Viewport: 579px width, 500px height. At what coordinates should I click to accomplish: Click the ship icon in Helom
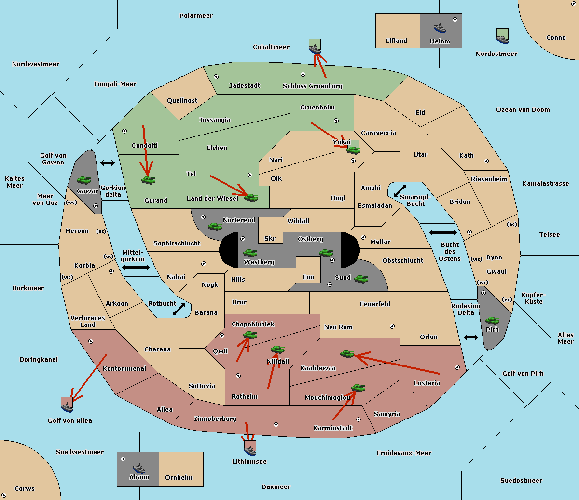(x=440, y=28)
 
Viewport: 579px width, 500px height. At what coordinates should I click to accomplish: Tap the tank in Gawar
(x=84, y=180)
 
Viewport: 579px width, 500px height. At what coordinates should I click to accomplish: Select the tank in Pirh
(x=492, y=320)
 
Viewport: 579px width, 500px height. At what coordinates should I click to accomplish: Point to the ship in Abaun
(x=139, y=468)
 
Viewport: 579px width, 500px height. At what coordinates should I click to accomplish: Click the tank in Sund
(x=361, y=279)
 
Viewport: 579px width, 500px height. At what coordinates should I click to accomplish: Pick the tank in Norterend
(x=215, y=226)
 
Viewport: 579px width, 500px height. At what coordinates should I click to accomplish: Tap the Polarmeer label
(x=196, y=16)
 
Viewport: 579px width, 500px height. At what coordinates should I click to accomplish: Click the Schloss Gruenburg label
(x=313, y=86)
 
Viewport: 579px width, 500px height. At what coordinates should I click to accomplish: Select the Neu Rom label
(x=338, y=327)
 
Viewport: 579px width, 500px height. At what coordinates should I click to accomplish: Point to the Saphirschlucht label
(x=177, y=243)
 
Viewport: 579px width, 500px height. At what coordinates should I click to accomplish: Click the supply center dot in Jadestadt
(x=216, y=77)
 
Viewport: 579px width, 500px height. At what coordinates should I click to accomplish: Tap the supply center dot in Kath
(x=486, y=161)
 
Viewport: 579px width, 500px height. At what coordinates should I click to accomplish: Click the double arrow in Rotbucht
(x=179, y=309)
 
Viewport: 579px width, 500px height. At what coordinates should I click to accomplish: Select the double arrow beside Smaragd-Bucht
(x=400, y=190)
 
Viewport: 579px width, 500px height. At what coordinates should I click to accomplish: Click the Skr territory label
(x=270, y=238)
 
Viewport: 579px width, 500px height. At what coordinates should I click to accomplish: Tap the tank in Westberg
(x=250, y=253)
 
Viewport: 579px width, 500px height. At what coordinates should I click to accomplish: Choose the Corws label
(x=25, y=488)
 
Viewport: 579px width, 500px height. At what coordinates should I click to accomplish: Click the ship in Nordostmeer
(x=502, y=37)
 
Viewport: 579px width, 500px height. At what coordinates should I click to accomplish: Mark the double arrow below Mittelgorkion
(x=136, y=267)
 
